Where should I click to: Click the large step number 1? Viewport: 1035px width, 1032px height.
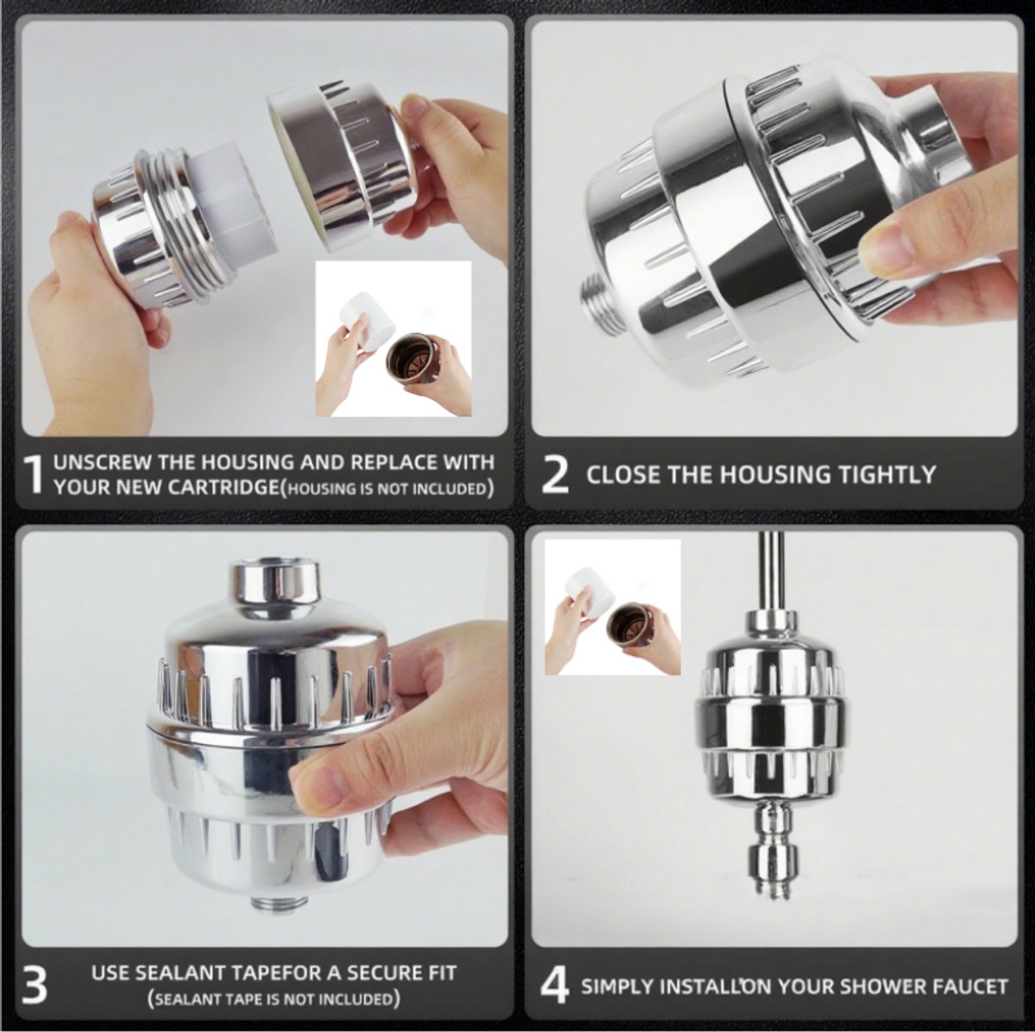pos(34,474)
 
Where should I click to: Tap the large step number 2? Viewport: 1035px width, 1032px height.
pos(555,474)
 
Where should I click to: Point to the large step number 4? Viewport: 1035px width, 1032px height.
pos(555,985)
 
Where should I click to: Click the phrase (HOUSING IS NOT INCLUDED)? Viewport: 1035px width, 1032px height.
pos(387,489)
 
